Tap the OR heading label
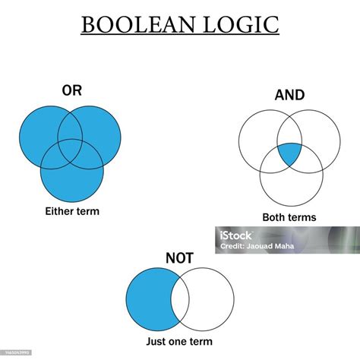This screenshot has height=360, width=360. pyautogui.click(x=72, y=90)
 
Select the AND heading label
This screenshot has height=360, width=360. pyautogui.click(x=289, y=95)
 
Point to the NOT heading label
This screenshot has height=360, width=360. pyautogui.click(x=179, y=258)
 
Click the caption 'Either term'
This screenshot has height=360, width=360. pyautogui.click(x=72, y=211)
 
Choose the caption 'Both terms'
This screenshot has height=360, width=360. pyautogui.click(x=289, y=217)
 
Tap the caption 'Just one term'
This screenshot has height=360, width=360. pyautogui.click(x=179, y=341)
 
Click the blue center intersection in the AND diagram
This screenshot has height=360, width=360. pyautogui.click(x=289, y=153)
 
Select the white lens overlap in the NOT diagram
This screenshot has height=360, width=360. pyautogui.click(x=180, y=299)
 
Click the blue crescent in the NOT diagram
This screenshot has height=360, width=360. pyautogui.click(x=150, y=299)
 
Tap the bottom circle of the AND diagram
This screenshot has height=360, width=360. pyautogui.click(x=292, y=199)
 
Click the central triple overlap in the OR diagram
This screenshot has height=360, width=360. pyautogui.click(x=71, y=150)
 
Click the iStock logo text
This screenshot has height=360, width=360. pyautogui.click(x=235, y=235)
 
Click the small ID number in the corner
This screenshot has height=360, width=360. pyautogui.click(x=17, y=352)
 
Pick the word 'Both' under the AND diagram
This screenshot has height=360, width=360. pyautogui.click(x=273, y=217)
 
